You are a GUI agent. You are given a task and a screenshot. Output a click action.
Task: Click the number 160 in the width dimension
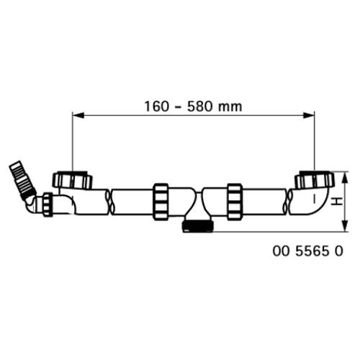[x=156, y=107]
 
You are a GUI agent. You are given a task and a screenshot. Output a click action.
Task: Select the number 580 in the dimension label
[x=199, y=107]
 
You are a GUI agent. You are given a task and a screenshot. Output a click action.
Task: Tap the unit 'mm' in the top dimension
[x=230, y=107]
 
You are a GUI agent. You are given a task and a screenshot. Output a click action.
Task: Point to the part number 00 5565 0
[x=308, y=251]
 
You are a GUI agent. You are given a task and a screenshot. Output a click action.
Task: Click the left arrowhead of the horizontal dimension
[x=78, y=115]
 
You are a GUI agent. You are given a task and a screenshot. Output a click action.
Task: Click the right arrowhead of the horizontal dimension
[x=309, y=115]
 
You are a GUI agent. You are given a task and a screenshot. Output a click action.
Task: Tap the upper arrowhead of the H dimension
[x=345, y=178]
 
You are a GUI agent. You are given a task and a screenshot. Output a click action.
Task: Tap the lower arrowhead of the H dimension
[x=345, y=226]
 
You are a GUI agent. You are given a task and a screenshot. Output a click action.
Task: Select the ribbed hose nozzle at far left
[x=22, y=178]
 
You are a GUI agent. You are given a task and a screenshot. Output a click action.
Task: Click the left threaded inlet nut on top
[x=72, y=180]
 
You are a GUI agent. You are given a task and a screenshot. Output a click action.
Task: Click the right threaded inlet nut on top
[x=315, y=180]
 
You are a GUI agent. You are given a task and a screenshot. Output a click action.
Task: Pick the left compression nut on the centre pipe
[x=161, y=202]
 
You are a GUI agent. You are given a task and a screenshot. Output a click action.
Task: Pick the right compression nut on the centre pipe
[x=235, y=202]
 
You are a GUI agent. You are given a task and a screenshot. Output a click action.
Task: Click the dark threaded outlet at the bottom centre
[x=198, y=226]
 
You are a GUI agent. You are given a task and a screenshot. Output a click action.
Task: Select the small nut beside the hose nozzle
[x=48, y=204]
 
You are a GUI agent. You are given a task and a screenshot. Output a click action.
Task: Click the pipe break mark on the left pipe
[x=110, y=202]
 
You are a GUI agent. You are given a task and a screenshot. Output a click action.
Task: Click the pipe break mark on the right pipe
[x=287, y=202]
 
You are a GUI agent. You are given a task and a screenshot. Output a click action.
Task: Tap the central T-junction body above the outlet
[x=198, y=203]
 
